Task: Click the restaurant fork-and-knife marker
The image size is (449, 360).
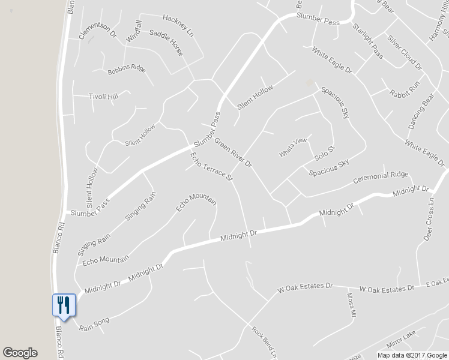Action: (64, 304)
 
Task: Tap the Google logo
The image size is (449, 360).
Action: (20, 353)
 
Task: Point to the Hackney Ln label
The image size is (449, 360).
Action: (178, 24)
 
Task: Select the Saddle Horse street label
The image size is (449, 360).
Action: (166, 43)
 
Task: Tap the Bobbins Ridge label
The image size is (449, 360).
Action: (127, 70)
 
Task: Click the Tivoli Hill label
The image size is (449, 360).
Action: (103, 96)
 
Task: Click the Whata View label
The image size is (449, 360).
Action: (293, 148)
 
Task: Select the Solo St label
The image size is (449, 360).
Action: (324, 152)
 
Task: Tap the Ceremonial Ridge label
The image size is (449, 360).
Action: (380, 178)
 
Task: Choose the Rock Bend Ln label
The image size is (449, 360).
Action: (265, 343)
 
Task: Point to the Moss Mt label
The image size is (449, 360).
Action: (352, 307)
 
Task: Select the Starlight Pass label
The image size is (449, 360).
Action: (368, 38)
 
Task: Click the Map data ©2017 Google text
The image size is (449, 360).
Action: (412, 355)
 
